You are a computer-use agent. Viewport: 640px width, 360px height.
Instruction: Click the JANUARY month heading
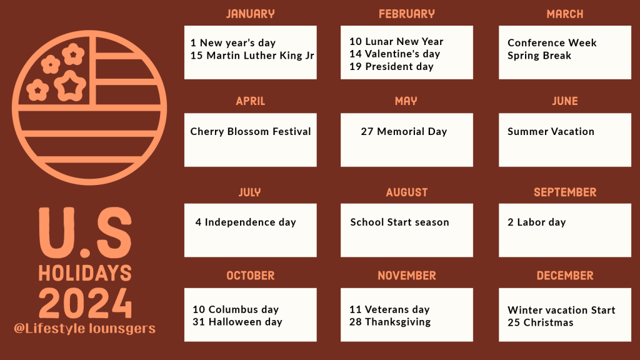250,14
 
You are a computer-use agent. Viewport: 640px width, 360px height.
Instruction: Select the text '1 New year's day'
233,43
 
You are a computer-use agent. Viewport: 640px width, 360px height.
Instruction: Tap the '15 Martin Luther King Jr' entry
252,56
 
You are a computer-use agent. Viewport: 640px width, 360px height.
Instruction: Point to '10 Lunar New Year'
396,42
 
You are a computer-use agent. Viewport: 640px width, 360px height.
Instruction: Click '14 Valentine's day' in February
394,54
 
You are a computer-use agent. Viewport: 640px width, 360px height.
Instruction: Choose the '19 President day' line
391,67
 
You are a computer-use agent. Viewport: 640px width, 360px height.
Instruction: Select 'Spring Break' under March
539,56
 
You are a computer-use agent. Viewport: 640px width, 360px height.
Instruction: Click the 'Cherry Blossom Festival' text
251,132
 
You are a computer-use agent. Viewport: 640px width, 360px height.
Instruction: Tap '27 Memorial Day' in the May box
404,132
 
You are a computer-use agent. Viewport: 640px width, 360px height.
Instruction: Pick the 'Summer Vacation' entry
551,132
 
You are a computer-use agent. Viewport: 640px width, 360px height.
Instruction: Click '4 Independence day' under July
246,222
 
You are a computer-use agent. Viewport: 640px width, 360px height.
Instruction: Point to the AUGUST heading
407,192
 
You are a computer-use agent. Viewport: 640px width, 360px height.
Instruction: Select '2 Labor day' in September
537,222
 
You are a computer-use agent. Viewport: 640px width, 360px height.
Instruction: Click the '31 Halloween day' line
237,322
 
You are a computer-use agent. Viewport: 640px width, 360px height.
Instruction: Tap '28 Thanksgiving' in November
390,322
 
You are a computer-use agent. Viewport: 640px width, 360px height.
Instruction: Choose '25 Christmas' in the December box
541,323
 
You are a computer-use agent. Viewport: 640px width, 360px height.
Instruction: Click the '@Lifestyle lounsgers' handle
84,329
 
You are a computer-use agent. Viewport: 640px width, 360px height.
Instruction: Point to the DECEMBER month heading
565,276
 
